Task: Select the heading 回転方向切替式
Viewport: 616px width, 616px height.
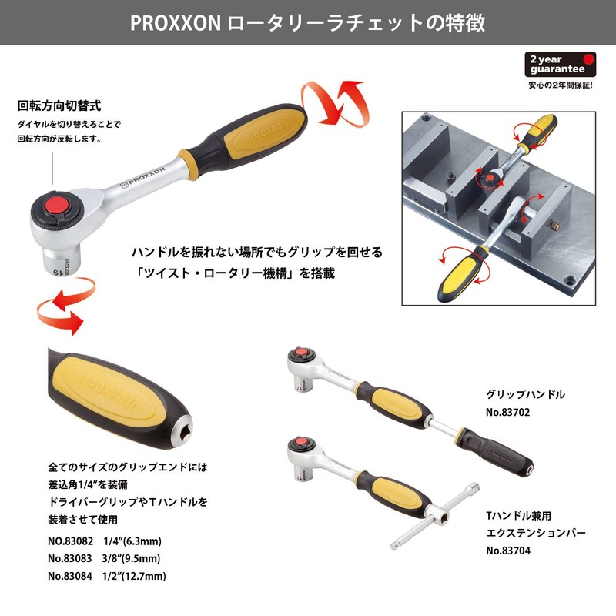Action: tap(59, 105)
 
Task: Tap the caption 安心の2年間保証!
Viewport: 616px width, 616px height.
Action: tap(560, 85)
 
